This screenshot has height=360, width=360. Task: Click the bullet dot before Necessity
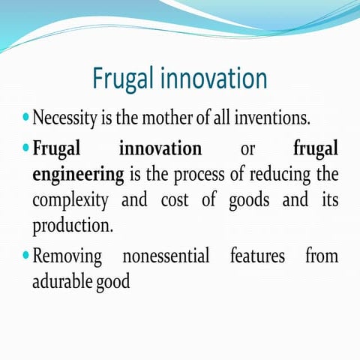click(26, 118)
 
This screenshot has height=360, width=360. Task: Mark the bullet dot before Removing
click(26, 256)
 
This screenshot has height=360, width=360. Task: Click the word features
click(257, 256)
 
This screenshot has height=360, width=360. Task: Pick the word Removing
click(67, 257)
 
